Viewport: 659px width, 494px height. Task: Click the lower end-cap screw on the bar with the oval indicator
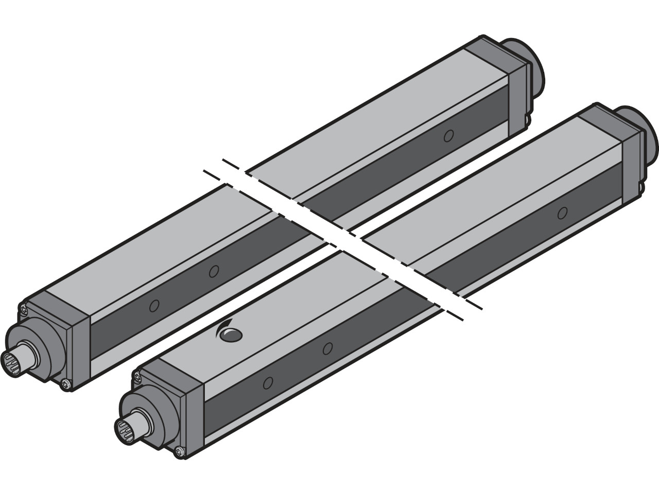tap(179, 451)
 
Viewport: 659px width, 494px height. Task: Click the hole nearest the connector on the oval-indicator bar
tap(267, 382)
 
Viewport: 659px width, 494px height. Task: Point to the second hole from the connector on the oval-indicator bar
tap(326, 348)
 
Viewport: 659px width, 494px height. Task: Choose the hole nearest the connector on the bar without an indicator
tap(153, 306)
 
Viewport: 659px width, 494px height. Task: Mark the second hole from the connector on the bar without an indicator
tap(214, 271)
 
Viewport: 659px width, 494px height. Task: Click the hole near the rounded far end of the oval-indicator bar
tap(563, 212)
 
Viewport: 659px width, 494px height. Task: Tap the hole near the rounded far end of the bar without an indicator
tap(448, 136)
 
